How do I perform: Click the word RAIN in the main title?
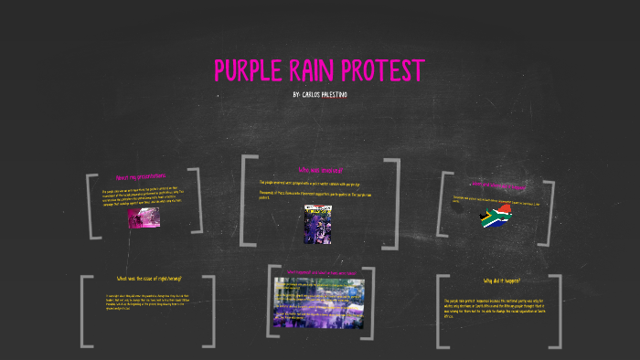coord(327,70)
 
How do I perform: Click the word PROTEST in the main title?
coord(390,70)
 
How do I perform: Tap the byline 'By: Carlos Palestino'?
coord(320,95)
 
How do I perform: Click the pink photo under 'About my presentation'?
coord(144,217)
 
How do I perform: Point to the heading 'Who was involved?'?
coord(320,170)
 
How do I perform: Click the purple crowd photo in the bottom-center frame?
coord(318,302)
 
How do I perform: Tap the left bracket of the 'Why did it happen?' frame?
coord(443,311)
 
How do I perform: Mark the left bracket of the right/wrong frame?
coord(87,311)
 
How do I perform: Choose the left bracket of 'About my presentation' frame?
coord(91,206)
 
